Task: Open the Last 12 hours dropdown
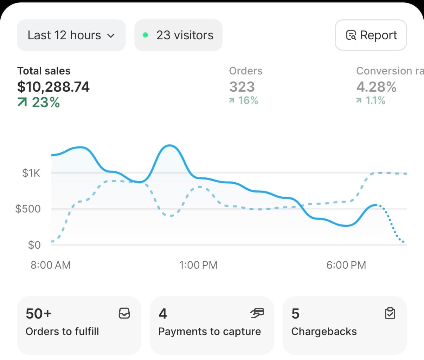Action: coord(71,35)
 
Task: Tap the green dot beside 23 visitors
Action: coord(145,35)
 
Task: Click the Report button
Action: coord(371,35)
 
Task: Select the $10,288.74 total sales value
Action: coord(53,87)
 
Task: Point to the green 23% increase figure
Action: coord(39,103)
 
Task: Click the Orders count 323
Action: coord(242,87)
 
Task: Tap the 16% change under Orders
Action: coord(244,100)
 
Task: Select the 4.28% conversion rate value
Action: coord(376,87)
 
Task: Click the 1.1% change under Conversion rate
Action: coord(371,100)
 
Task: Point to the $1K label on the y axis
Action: coord(31,173)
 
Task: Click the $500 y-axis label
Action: coord(28,209)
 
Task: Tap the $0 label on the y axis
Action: coord(34,245)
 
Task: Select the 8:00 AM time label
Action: coord(51,265)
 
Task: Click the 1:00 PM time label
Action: coord(198,265)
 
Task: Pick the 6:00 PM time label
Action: coord(346,265)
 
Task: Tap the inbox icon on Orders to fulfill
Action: coord(124,313)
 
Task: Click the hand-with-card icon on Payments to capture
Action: coord(257,313)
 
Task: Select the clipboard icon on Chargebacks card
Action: coord(390,313)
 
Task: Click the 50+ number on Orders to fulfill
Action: coord(39,314)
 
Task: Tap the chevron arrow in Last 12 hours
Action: coord(111,35)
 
